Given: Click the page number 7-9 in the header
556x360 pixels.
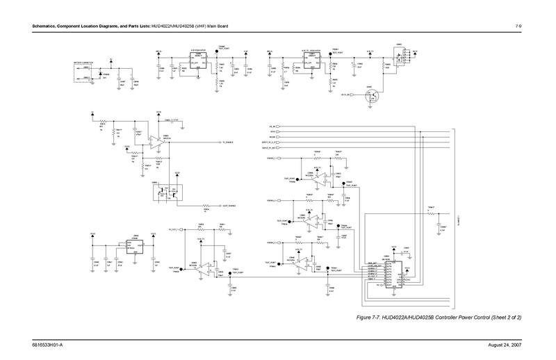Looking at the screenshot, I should [518, 26].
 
